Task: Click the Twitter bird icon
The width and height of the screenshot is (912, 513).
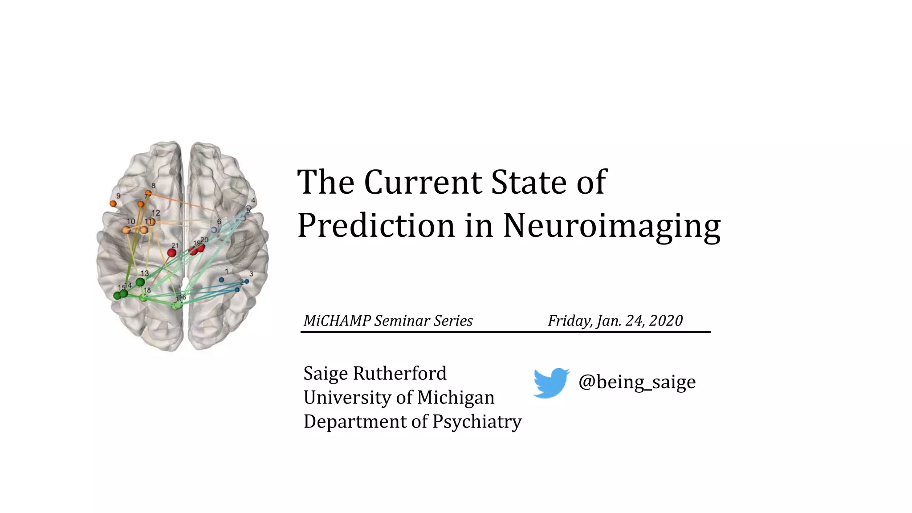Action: click(551, 383)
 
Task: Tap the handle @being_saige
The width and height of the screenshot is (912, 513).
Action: click(637, 382)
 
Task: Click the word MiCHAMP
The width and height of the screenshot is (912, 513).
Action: click(337, 321)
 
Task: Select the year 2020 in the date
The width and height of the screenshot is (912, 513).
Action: click(666, 321)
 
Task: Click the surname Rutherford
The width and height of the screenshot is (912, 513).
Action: click(399, 373)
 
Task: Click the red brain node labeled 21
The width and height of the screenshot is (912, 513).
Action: click(171, 253)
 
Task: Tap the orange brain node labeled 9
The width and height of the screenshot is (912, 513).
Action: click(113, 204)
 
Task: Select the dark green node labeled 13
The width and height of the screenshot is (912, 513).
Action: click(140, 282)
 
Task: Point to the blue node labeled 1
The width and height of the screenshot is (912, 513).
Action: click(221, 280)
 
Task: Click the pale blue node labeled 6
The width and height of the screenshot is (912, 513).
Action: click(214, 230)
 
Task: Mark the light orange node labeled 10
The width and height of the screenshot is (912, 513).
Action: click(126, 230)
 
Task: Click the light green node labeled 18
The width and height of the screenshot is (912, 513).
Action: click(143, 297)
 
